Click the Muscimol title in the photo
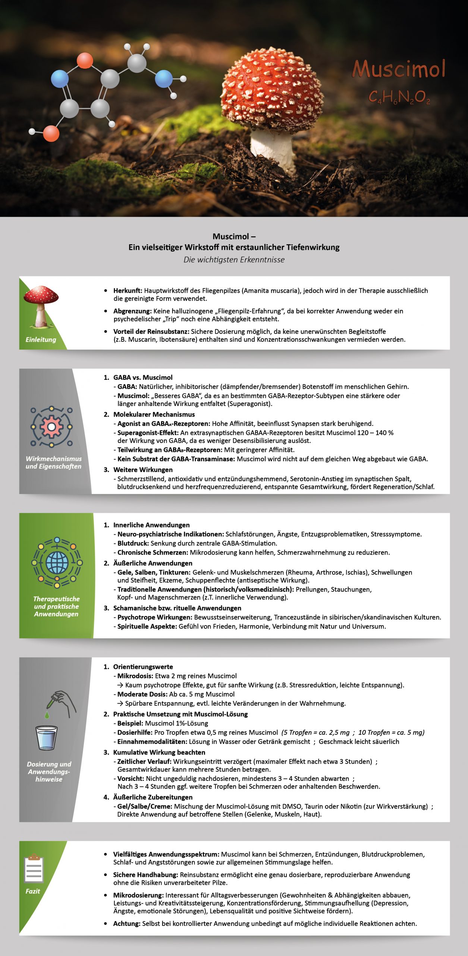(399, 69)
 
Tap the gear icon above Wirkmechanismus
(51, 427)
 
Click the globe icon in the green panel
(57, 562)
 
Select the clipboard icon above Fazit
(34, 869)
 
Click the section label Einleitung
(41, 339)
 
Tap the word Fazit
(33, 891)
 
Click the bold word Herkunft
(128, 291)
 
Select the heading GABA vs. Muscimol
(143, 378)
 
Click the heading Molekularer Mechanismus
(154, 415)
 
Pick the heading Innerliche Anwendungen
(151, 525)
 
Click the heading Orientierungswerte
(143, 667)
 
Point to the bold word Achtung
(127, 924)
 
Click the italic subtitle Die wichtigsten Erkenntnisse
(234, 260)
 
